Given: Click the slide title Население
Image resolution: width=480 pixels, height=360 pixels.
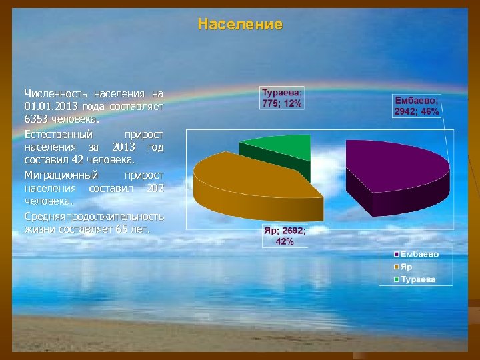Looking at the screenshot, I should (240, 25).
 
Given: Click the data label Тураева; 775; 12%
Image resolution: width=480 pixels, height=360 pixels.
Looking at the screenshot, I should (281, 98).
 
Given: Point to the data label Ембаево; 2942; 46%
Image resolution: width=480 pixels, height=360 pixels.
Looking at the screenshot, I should (417, 106).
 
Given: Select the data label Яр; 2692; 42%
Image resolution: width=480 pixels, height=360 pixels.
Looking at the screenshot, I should (284, 236).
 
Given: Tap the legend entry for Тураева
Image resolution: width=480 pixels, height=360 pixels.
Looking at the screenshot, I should (417, 279).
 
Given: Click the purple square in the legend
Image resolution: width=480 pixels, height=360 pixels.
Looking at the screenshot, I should (396, 255).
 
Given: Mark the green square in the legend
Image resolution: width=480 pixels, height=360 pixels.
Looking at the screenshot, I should (396, 279).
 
